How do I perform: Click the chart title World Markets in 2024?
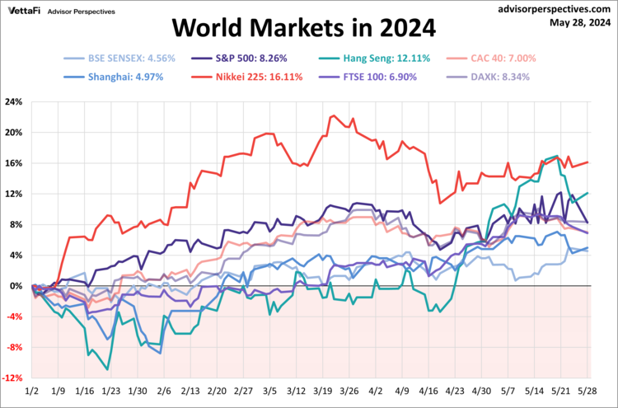pos(304,29)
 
